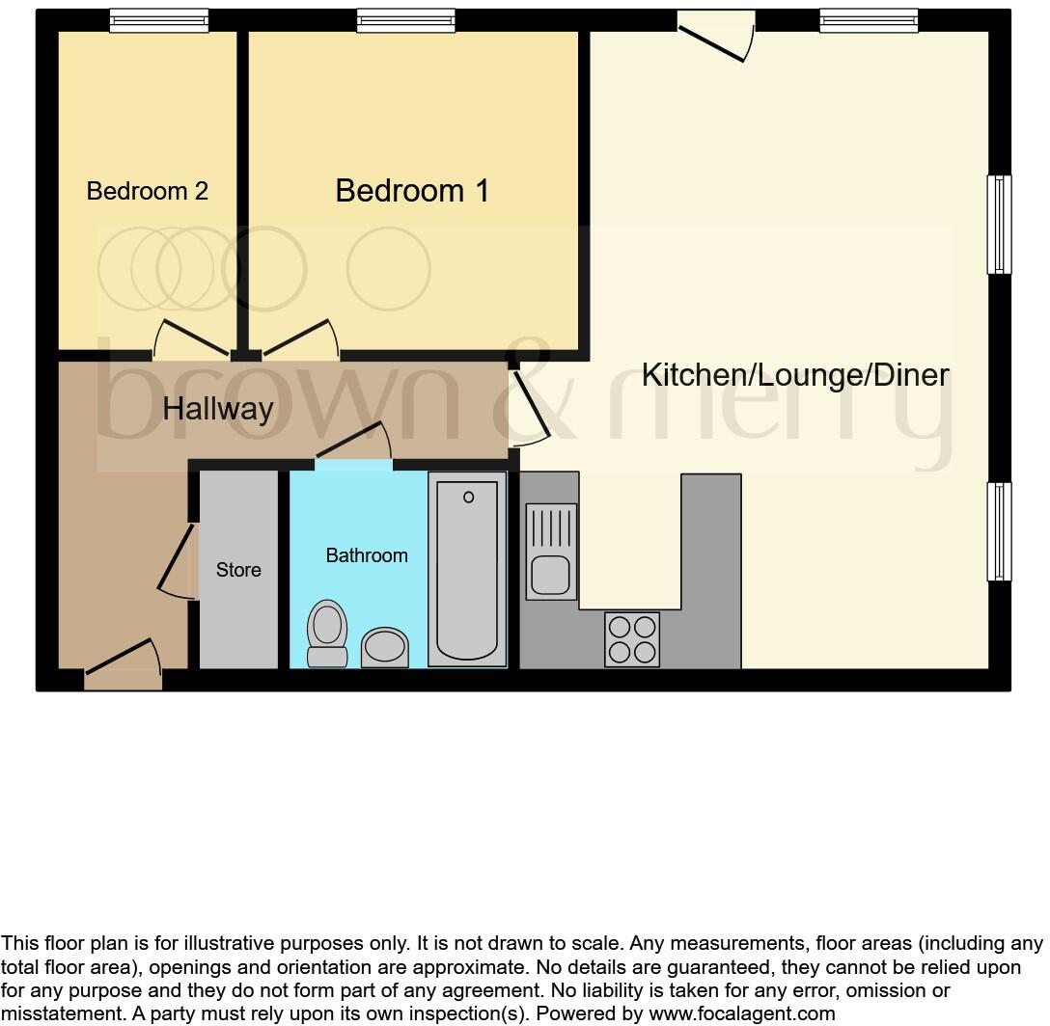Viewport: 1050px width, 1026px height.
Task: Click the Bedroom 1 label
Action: coord(412,191)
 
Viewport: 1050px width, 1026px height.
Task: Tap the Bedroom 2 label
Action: coord(147,191)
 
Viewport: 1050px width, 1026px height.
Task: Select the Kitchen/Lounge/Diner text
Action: coord(795,375)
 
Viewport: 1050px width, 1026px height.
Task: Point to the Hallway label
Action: coord(218,409)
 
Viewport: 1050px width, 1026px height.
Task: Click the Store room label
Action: coord(238,570)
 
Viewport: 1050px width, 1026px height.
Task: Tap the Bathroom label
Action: coord(367,555)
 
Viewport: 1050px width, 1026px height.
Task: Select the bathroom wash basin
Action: coord(385,647)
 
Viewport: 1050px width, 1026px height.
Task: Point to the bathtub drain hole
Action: coord(469,498)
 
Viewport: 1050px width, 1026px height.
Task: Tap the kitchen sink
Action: coord(551,550)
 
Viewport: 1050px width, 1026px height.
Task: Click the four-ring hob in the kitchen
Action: coord(632,638)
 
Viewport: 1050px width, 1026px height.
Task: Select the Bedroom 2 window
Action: coord(158,20)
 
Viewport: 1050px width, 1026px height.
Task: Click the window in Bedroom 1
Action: coord(405,20)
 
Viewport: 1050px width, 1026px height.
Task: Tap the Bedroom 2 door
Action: coord(193,337)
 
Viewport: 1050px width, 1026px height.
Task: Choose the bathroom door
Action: coord(354,445)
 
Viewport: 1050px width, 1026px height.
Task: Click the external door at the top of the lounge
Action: coord(716,35)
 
